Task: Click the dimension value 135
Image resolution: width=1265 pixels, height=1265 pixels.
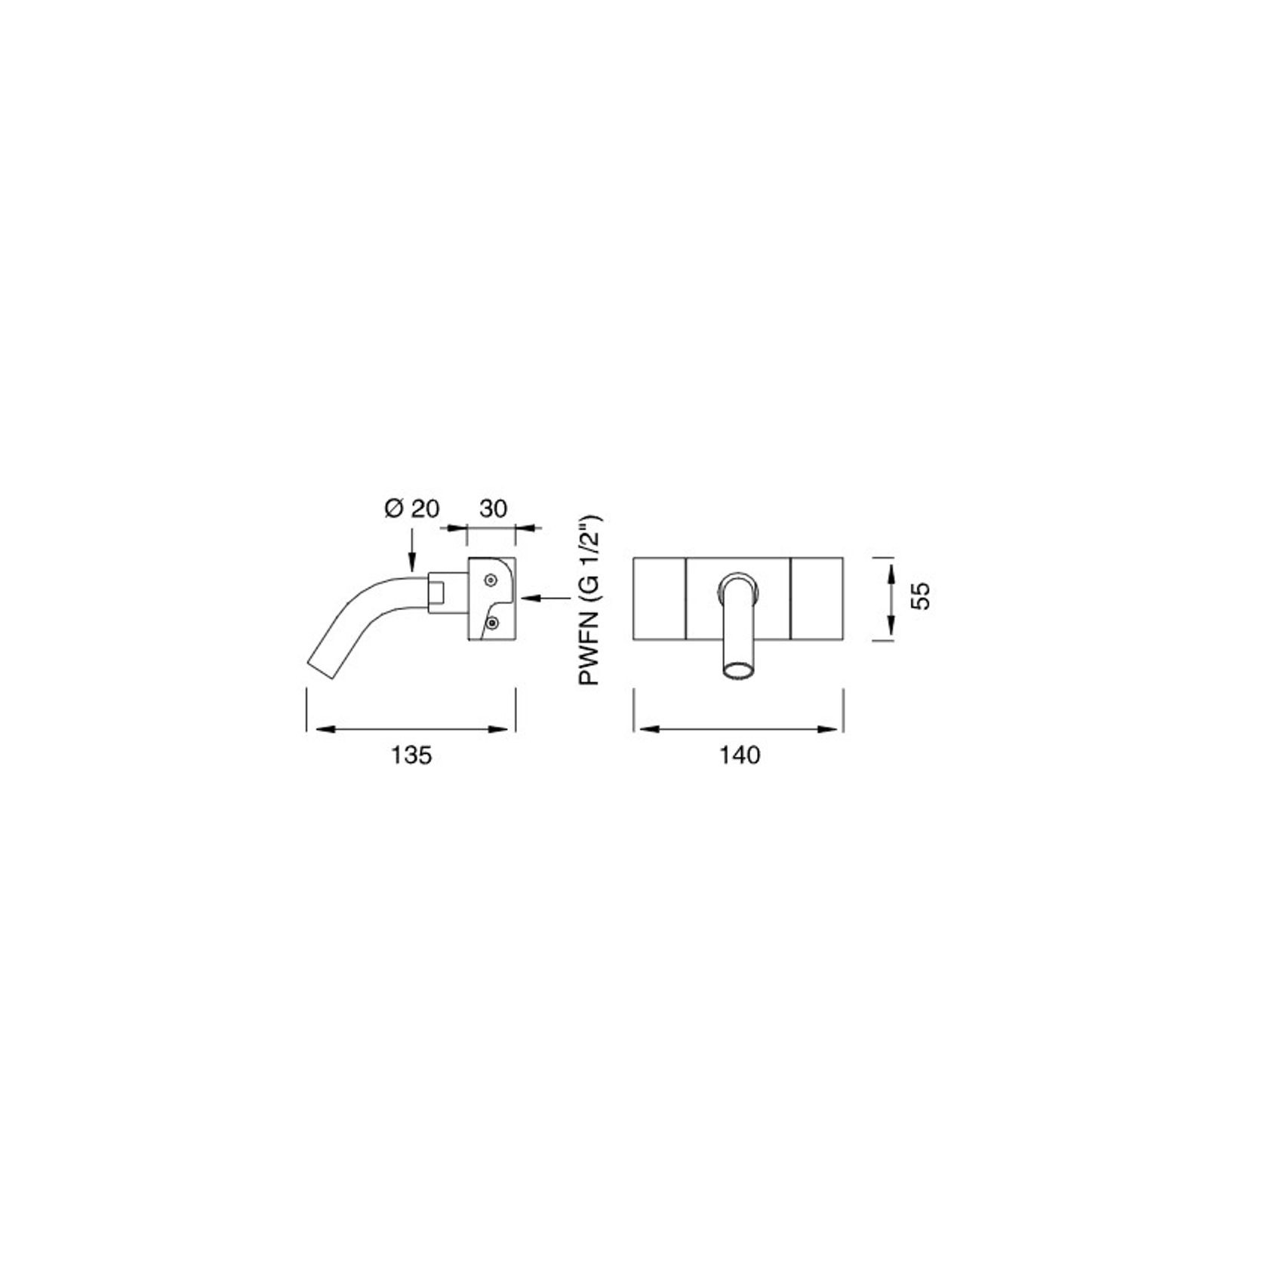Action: [411, 755]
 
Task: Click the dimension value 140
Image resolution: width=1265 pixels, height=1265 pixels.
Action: [739, 755]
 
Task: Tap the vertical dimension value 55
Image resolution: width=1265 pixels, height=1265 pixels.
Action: [920, 595]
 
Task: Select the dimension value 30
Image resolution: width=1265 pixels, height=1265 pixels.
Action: [493, 508]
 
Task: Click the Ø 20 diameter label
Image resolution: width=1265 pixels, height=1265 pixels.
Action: [411, 508]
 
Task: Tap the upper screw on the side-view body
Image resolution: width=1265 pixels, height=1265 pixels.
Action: [491, 580]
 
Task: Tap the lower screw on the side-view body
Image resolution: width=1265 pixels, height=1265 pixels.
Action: [491, 623]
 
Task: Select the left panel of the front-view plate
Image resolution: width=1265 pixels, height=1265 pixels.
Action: [659, 599]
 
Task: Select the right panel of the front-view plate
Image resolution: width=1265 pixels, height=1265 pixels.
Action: [817, 599]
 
